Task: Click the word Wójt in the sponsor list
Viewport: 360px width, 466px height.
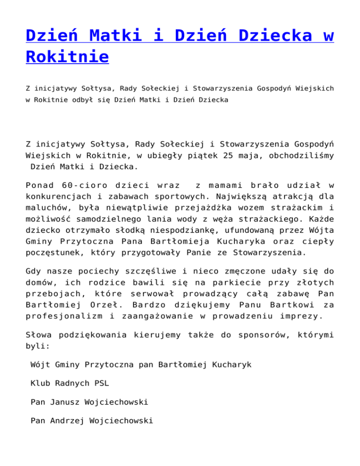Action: tap(39, 364)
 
